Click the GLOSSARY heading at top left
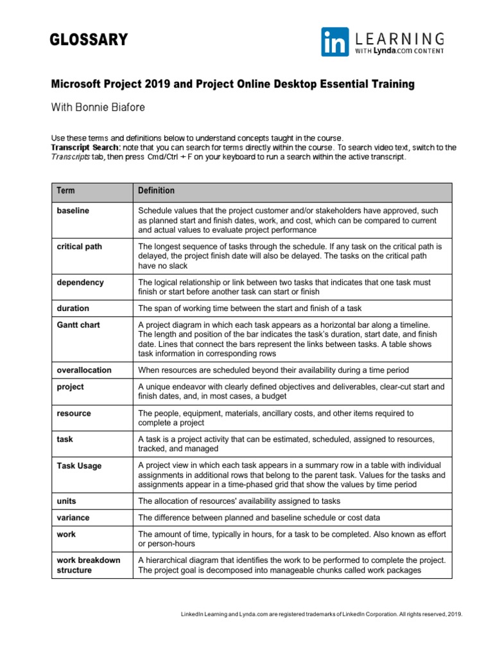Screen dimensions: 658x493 point(89,40)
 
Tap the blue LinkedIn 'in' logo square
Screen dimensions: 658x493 point(335,42)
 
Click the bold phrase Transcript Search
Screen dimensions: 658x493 point(84,148)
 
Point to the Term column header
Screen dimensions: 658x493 point(65,191)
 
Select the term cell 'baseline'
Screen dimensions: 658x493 point(73,210)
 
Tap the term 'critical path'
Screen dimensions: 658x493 point(80,246)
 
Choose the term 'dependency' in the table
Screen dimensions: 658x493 point(80,282)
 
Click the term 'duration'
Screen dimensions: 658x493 point(73,308)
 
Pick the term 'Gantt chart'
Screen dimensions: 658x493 point(78,325)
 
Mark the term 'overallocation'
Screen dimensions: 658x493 point(84,370)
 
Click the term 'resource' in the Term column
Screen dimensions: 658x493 point(74,413)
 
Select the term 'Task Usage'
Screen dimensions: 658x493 point(79,466)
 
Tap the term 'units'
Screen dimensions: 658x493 point(67,501)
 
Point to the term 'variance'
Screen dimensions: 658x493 point(73,517)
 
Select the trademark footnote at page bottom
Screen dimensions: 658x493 point(321,614)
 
